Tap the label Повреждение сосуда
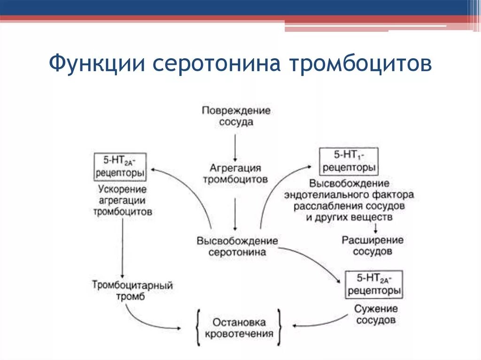click(236, 116)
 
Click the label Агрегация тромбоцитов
click(235, 174)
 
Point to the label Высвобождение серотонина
click(237, 246)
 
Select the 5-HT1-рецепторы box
click(348, 161)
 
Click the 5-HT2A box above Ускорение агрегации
click(120, 166)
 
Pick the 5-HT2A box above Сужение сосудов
click(374, 284)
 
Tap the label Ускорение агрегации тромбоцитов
click(123, 200)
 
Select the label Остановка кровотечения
click(239, 328)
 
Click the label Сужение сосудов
click(376, 314)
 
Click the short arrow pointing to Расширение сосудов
click(375, 227)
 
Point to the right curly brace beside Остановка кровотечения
click(279, 328)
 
